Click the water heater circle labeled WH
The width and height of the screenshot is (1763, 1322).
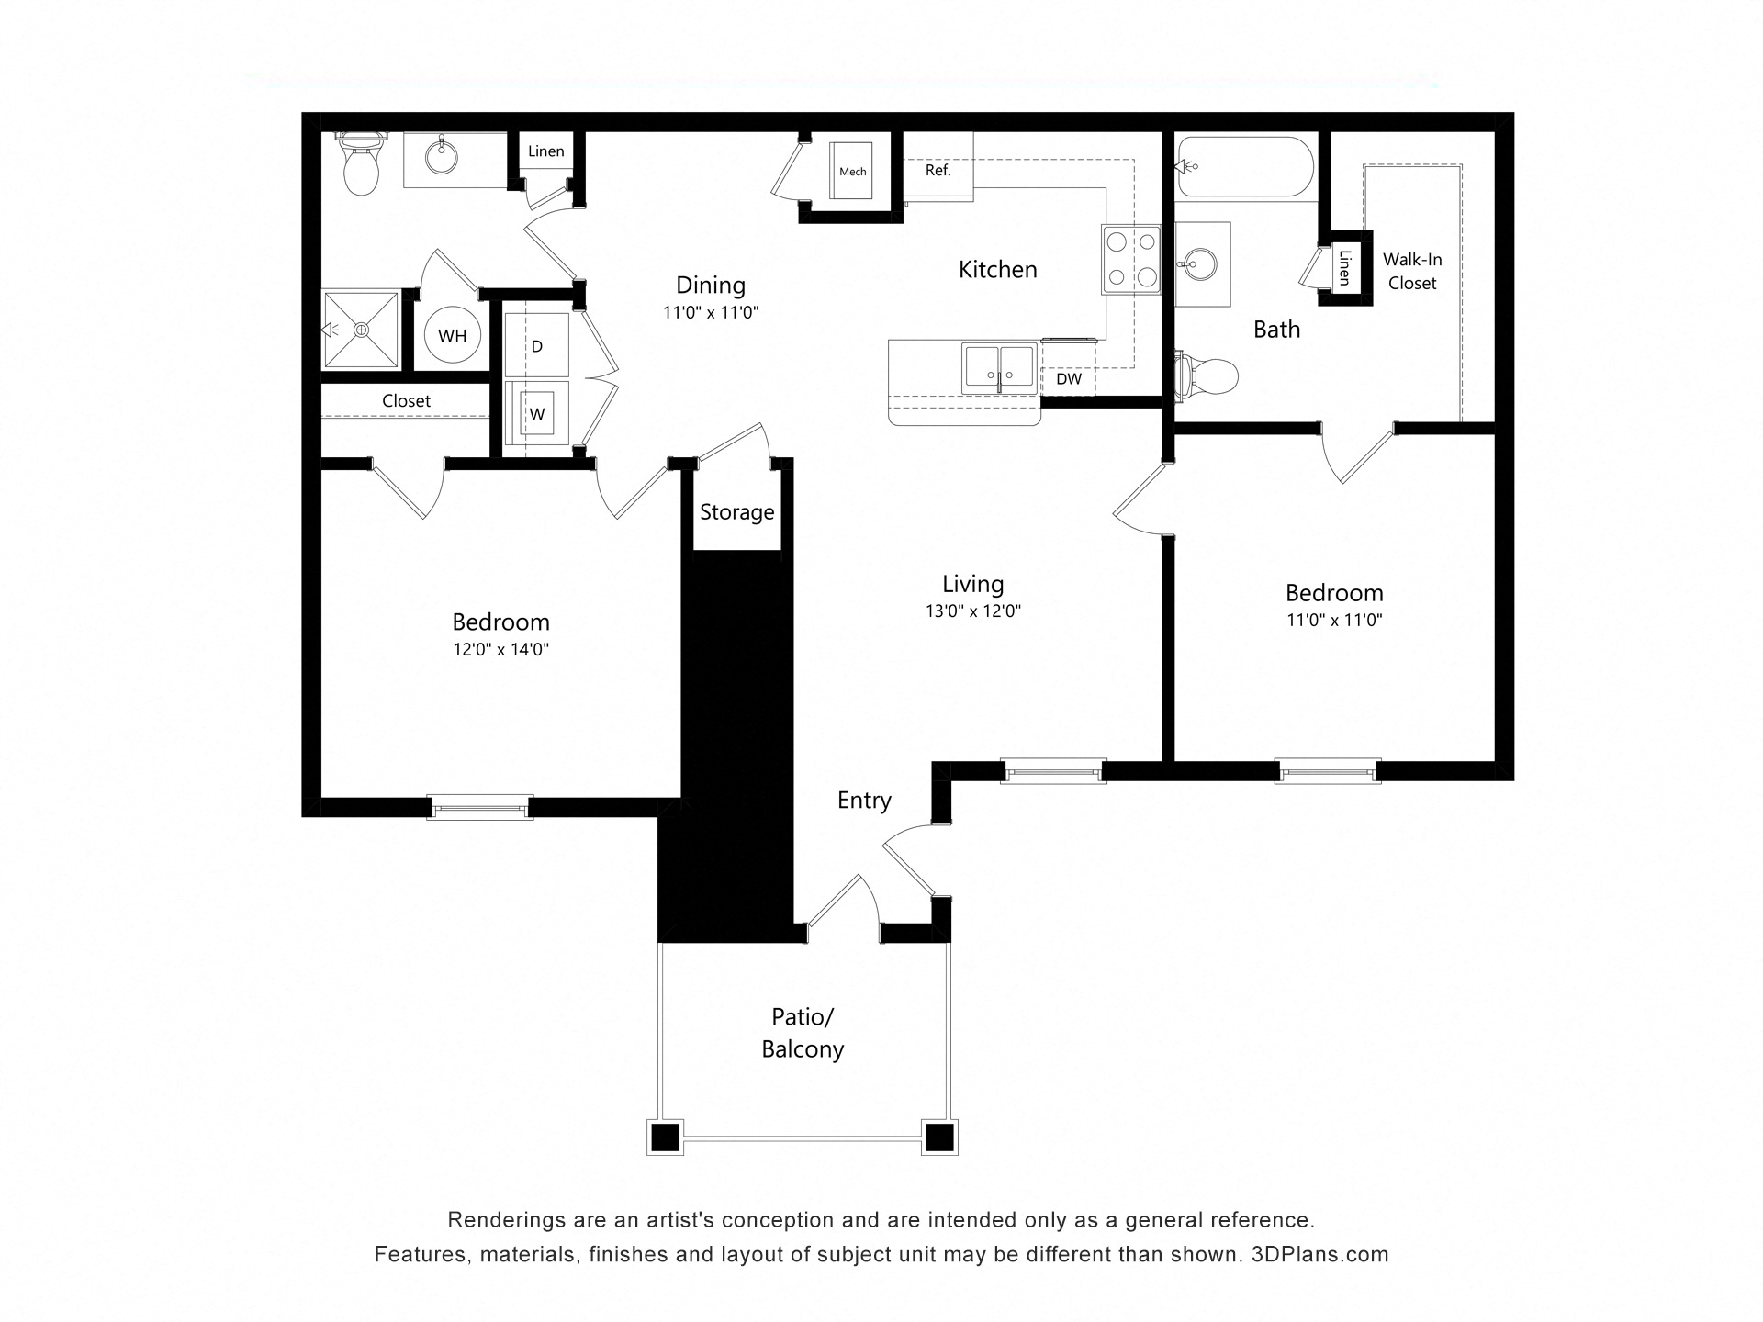tap(452, 336)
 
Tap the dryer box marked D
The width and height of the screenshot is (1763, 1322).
tap(537, 345)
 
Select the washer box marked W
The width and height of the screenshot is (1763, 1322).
tap(537, 414)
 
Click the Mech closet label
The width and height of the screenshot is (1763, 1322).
tap(853, 172)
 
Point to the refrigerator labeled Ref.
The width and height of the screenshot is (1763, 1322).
tap(938, 171)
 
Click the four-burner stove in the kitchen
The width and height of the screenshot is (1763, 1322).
tap(1131, 260)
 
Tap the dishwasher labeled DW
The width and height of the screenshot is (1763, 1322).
tap(1069, 379)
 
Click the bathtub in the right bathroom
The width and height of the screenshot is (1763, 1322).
tap(1245, 167)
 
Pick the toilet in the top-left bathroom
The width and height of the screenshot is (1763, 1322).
tap(360, 167)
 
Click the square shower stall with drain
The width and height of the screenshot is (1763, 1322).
tap(361, 330)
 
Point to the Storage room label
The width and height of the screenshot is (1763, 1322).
tap(736, 512)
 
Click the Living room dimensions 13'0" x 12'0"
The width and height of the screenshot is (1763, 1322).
tap(973, 611)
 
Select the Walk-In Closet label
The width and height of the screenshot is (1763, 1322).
tap(1412, 272)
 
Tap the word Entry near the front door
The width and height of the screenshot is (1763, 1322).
tap(864, 801)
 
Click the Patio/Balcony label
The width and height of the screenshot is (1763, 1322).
tap(803, 1033)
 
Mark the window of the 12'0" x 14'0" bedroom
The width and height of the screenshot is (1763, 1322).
tap(480, 808)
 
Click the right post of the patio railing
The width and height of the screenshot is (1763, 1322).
tap(938, 1137)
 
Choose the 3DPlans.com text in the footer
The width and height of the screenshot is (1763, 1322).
tap(1319, 1255)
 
